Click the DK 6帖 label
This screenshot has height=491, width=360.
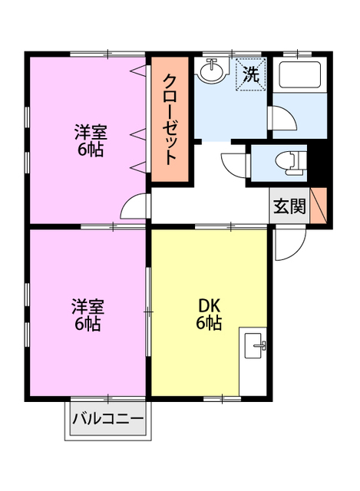click(208, 315)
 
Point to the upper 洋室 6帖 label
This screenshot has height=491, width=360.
click(89, 139)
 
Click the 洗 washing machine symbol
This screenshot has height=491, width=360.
click(250, 75)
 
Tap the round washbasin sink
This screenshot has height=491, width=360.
click(210, 74)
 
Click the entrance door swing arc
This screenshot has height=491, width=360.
click(289, 242)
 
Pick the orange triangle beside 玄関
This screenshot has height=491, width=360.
click(319, 206)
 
